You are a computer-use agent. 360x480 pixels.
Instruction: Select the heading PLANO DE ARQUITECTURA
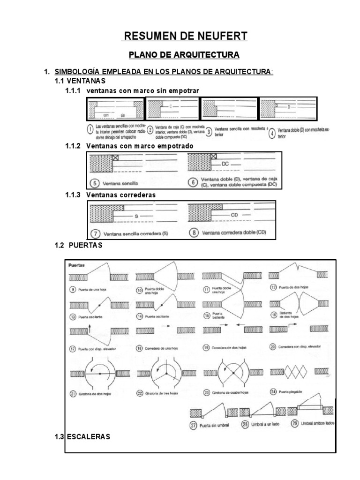(184, 55)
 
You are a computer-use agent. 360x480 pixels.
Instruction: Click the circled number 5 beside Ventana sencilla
(96, 183)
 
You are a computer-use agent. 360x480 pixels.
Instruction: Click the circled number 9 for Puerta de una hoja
(73, 289)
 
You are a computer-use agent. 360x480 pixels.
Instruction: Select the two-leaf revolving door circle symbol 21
(100, 373)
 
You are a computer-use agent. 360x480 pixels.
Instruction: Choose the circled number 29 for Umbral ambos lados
(295, 425)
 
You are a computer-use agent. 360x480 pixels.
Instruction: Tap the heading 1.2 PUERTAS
(78, 245)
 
